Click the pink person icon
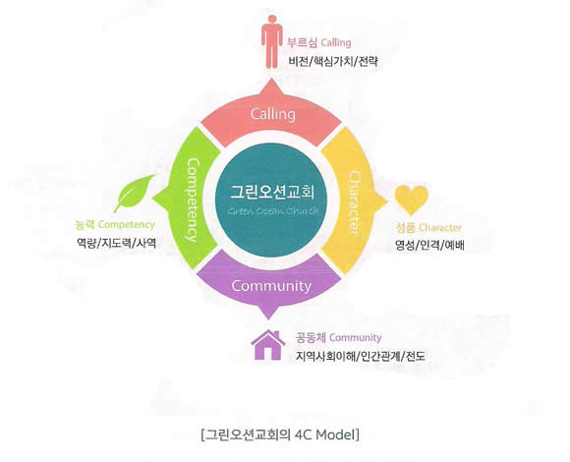click(272, 41)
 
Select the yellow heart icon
click(411, 200)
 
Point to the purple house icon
click(268, 345)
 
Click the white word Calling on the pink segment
click(272, 114)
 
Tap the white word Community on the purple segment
click(271, 286)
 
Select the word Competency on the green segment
click(194, 200)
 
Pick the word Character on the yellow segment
click(354, 203)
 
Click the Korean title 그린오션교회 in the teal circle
click(272, 192)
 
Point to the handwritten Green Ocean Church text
click(273, 211)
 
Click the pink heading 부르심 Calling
click(319, 42)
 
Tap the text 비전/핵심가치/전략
click(333, 61)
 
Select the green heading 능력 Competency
click(115, 225)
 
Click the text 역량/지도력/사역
click(116, 243)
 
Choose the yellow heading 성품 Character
click(428, 228)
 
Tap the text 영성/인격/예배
click(429, 246)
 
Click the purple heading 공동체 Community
click(338, 338)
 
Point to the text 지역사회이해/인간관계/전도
click(361, 356)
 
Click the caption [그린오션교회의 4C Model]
click(280, 434)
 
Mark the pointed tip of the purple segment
click(268, 318)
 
